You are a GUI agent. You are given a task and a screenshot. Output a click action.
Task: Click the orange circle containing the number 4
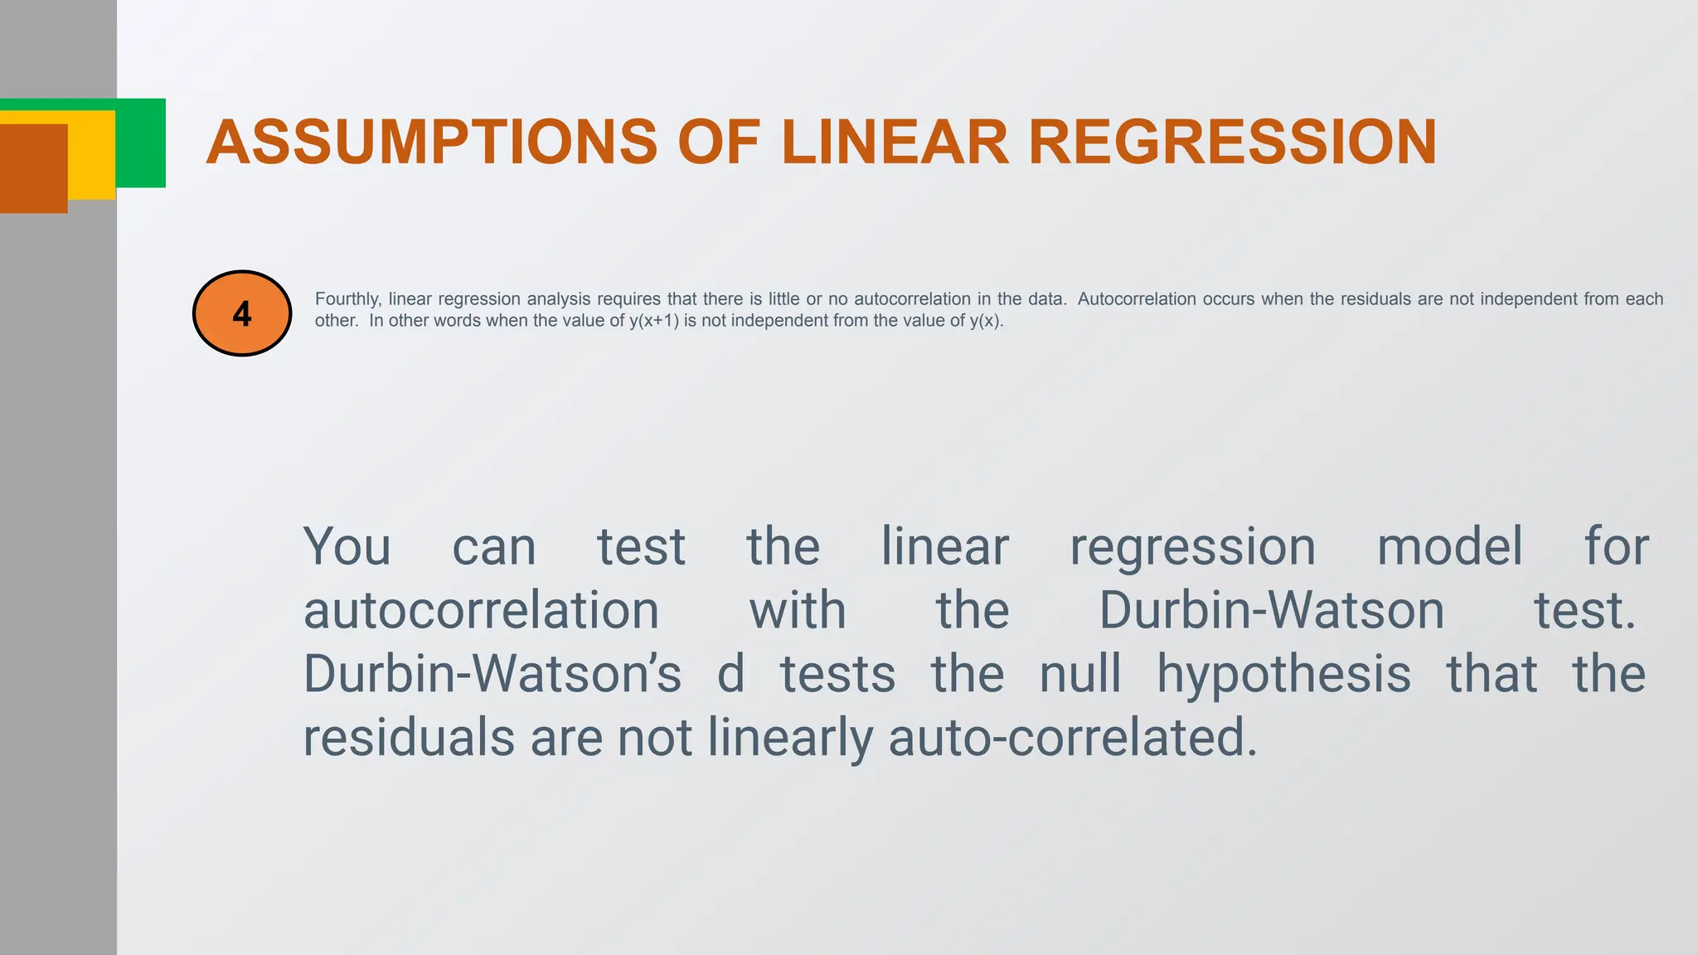[x=242, y=313]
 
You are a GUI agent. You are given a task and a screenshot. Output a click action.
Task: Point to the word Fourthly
[x=347, y=299]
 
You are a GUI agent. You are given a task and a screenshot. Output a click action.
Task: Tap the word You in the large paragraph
[x=347, y=547]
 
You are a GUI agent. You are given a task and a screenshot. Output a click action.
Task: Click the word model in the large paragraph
[x=1449, y=547]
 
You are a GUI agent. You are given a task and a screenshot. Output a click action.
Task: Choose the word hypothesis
[x=1283, y=674]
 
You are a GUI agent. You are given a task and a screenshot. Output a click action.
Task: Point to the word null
[x=1080, y=674]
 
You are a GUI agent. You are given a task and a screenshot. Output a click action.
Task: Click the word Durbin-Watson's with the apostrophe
[x=492, y=674]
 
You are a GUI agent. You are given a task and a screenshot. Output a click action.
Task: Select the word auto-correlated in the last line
[x=1073, y=737]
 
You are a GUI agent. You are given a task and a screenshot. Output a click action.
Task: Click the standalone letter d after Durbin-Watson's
[x=730, y=674]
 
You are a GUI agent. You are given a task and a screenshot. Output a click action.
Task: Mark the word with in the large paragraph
[x=798, y=611]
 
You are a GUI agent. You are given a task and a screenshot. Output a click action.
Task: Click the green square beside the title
[x=141, y=143]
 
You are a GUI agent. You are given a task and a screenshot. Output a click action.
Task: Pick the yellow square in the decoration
[x=91, y=158]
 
